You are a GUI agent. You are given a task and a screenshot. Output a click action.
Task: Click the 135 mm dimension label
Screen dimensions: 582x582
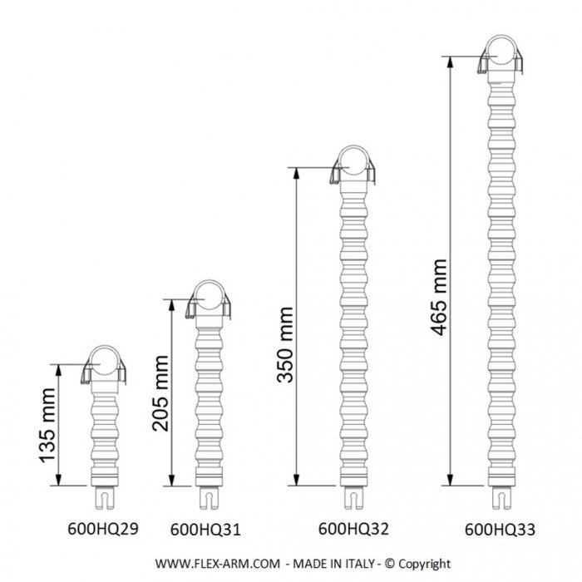click(47, 426)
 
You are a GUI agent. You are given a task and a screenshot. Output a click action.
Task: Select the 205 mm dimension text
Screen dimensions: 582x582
click(160, 393)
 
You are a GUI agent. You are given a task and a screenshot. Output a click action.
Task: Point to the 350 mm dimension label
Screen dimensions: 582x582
click(285, 345)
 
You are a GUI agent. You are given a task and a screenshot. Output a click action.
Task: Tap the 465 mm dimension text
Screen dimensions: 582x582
click(440, 298)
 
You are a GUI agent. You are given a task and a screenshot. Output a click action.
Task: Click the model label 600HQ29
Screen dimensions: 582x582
click(103, 529)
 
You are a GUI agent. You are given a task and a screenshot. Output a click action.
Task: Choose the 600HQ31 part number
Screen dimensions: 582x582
click(205, 530)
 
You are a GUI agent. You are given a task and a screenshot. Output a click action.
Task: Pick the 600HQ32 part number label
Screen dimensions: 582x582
click(353, 529)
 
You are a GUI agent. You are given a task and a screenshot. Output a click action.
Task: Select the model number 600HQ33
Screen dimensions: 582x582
click(500, 530)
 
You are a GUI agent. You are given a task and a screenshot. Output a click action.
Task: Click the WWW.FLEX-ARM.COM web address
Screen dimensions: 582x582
click(218, 564)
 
